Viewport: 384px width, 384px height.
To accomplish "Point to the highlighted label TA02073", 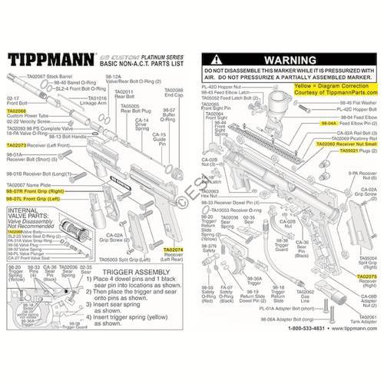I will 16,144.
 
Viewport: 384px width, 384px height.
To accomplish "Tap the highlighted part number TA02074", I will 174,251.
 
